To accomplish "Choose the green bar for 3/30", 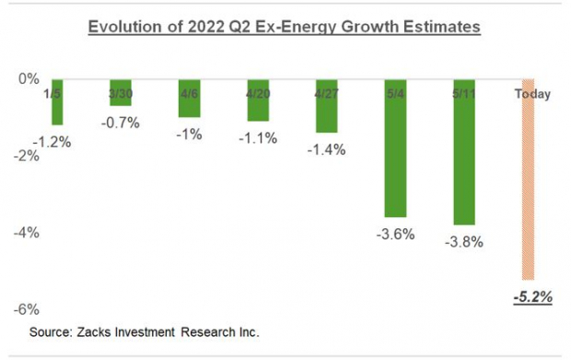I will point(120,92).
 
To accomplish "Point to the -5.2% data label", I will point(532,296).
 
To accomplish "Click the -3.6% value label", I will point(395,234).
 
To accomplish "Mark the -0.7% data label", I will point(120,122).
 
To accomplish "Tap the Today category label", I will point(532,93).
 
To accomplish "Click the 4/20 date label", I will point(258,93).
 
